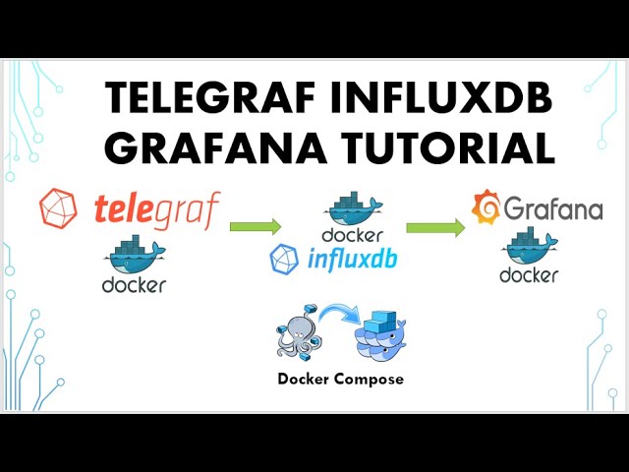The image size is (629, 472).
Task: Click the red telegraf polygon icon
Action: click(x=59, y=209)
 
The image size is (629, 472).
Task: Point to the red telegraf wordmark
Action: click(x=158, y=208)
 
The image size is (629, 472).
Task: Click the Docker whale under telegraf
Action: click(x=135, y=255)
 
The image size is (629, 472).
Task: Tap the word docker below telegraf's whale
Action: click(x=134, y=285)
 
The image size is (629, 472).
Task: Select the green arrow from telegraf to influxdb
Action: click(x=257, y=227)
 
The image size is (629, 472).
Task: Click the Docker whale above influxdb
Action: click(x=353, y=208)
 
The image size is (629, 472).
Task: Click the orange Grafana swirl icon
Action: click(x=486, y=208)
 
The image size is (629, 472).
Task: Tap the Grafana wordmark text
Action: click(x=552, y=208)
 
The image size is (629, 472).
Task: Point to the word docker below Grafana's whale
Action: click(x=529, y=275)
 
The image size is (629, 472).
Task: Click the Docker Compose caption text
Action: click(x=340, y=379)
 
